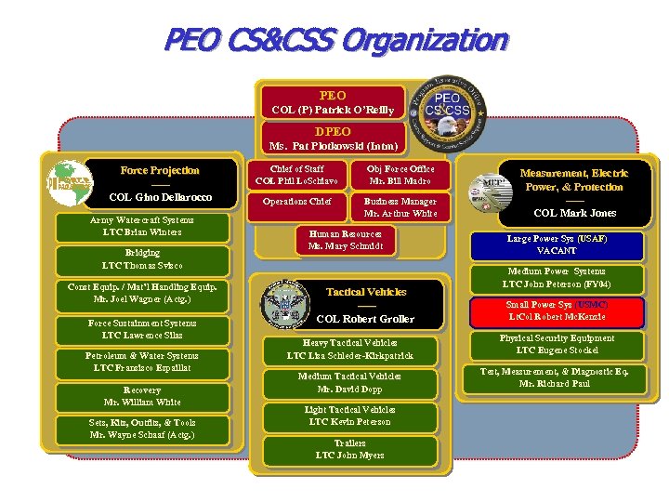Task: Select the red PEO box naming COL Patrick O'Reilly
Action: pyautogui.click(x=332, y=102)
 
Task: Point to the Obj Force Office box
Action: pyautogui.click(x=400, y=175)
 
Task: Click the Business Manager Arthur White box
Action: pyautogui.click(x=400, y=207)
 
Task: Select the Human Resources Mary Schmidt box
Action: pyautogui.click(x=345, y=241)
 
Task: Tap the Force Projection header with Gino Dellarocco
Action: pyautogui.click(x=159, y=184)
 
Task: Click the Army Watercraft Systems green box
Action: pyautogui.click(x=141, y=226)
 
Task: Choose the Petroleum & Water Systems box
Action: pyautogui.click(x=141, y=362)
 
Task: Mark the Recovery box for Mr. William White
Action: pyautogui.click(x=141, y=396)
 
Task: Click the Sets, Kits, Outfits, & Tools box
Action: pyautogui.click(x=141, y=429)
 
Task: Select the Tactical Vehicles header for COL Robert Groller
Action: pyautogui.click(x=365, y=305)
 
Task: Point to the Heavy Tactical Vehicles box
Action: pyautogui.click(x=349, y=349)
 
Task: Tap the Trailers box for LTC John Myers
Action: pyautogui.click(x=349, y=449)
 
